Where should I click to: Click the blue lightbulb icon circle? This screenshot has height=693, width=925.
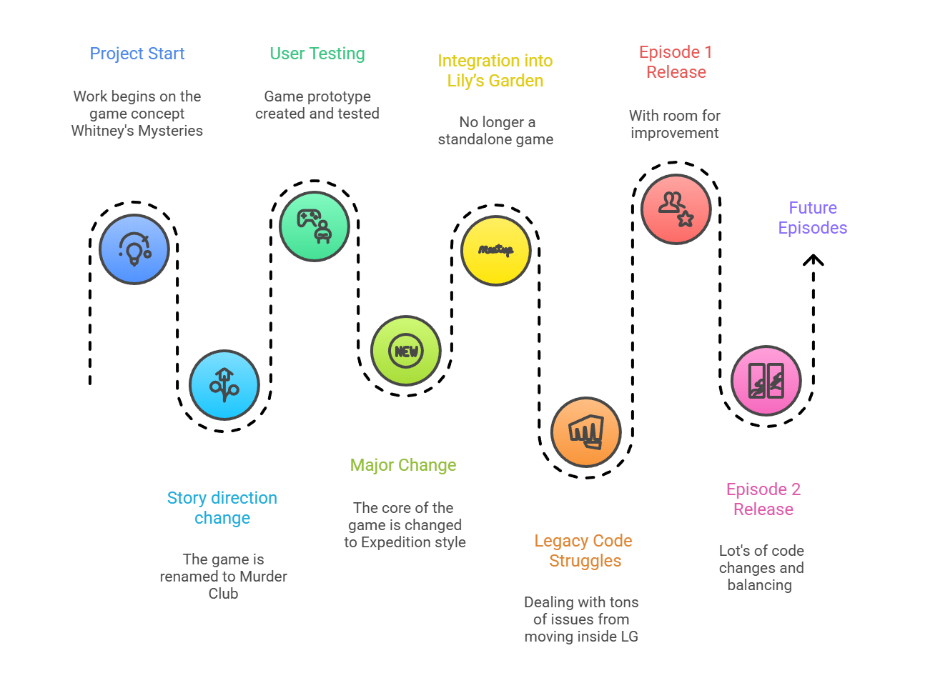134,249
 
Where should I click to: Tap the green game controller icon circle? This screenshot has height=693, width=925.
315,226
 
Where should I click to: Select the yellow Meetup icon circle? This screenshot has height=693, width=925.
495,251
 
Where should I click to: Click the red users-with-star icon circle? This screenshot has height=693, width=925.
676,209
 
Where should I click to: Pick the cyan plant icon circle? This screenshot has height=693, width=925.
224,385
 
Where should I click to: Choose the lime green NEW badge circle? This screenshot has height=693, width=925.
406,351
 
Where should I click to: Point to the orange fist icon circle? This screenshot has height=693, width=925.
586,432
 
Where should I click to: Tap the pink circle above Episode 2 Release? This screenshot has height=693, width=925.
766,381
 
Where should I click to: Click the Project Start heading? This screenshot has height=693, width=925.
137,54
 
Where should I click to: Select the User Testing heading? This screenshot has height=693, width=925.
317,54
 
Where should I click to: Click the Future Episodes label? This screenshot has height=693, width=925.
813,218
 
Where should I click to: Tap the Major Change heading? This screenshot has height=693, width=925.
403,465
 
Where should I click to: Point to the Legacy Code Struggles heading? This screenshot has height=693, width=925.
584,551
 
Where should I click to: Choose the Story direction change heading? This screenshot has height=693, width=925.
222,508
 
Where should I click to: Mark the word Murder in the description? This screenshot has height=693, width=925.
264,577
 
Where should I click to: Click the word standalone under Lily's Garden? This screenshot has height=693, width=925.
472,139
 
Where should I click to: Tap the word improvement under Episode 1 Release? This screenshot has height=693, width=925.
675,133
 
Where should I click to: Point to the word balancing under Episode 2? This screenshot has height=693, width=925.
760,585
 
